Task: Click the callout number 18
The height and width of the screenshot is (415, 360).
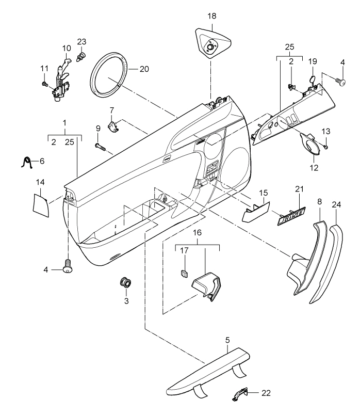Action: (x=212, y=16)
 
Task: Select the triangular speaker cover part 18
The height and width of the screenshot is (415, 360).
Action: (x=212, y=43)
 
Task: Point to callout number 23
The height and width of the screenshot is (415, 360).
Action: (x=81, y=42)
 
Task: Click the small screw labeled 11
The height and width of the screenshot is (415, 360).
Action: (x=44, y=84)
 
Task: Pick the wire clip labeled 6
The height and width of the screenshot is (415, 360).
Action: (x=27, y=163)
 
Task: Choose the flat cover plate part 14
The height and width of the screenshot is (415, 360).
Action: (x=41, y=205)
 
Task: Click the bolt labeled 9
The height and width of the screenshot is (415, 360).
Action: (x=100, y=146)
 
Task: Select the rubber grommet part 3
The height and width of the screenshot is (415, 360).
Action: (x=126, y=282)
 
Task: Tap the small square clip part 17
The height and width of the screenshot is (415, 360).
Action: (x=184, y=273)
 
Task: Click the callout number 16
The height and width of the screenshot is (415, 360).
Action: (x=198, y=233)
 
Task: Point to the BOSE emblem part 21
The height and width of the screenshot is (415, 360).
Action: (x=291, y=216)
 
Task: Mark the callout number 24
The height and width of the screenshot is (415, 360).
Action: (x=337, y=204)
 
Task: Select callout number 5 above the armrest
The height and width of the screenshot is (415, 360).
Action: (x=228, y=340)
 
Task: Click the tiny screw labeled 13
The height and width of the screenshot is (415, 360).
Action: (x=326, y=146)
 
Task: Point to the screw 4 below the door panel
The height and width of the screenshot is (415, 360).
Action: (x=68, y=266)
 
